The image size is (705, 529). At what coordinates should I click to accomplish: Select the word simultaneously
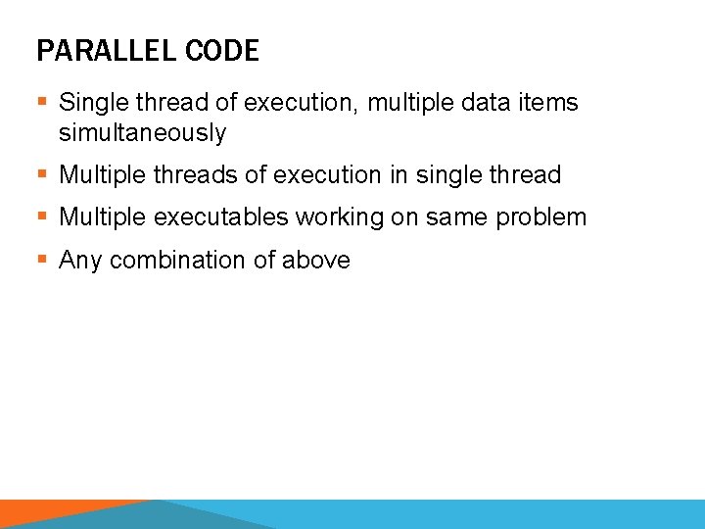point(142,133)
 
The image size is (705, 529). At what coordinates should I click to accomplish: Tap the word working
point(349,217)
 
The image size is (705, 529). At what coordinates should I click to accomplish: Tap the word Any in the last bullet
point(81,261)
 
